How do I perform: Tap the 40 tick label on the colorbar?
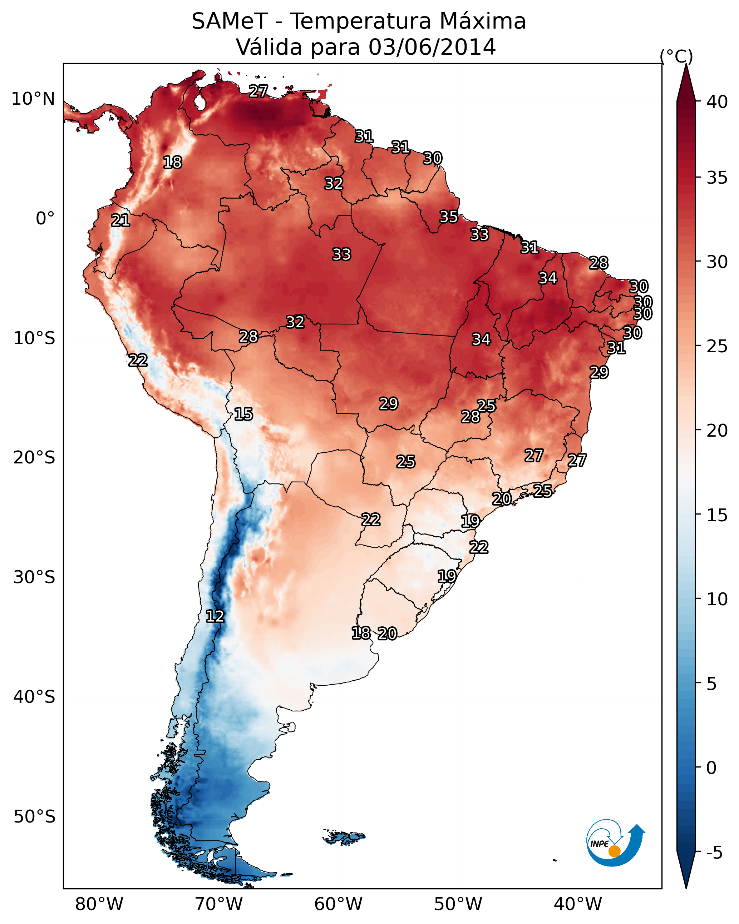[717, 102]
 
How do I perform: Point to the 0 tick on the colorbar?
[711, 768]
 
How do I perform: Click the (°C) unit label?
[676, 56]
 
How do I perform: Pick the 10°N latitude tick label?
[33, 99]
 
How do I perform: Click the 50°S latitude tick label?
[34, 817]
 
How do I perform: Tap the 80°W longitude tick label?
[99, 904]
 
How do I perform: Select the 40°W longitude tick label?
[578, 904]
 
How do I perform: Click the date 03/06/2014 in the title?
[432, 47]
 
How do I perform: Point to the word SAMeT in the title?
[230, 21]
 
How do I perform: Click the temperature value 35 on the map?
[449, 217]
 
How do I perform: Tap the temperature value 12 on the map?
[215, 616]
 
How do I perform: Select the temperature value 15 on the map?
[243, 414]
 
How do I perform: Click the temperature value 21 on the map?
[120, 220]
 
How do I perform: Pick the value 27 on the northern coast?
[258, 91]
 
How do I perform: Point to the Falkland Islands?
[344, 836]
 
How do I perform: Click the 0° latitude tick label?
[45, 219]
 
